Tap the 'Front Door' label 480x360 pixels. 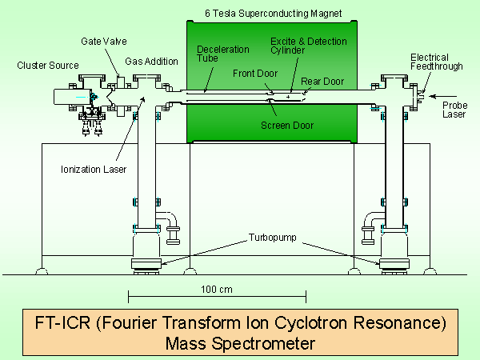[254, 74]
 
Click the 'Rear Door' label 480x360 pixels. [318, 81]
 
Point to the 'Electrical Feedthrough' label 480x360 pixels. [437, 62]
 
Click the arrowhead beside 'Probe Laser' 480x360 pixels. [429, 102]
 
